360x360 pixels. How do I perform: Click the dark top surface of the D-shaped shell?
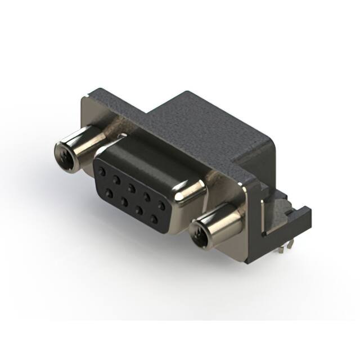point(141,152)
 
